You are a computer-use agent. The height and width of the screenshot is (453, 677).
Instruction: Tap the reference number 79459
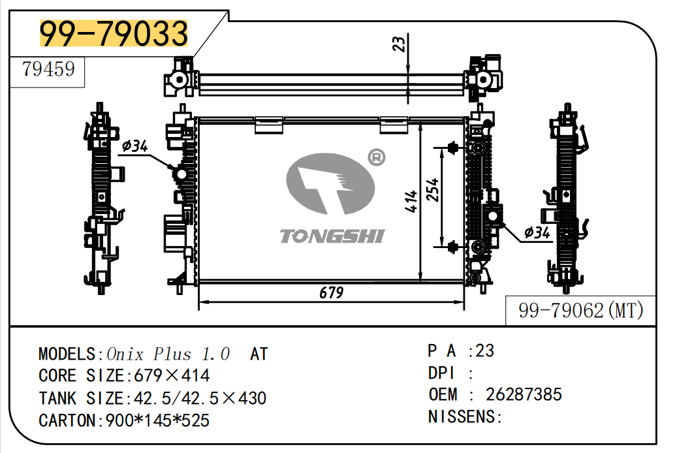click(48, 69)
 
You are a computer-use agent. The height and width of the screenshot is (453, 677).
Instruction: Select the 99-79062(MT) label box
click(580, 311)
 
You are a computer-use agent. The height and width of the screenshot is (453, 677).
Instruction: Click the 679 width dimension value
click(331, 293)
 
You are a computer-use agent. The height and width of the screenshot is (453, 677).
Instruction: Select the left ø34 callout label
click(134, 146)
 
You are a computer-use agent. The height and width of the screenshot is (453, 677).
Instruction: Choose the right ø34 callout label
click(537, 232)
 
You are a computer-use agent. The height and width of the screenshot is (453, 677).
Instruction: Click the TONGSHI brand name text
click(332, 236)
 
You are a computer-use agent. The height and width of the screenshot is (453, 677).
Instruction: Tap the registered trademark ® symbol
click(377, 157)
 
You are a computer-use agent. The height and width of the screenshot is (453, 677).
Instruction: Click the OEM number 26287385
click(524, 394)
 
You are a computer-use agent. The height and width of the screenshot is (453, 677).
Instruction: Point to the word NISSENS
click(462, 416)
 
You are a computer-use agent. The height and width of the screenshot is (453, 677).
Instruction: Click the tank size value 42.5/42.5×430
click(199, 398)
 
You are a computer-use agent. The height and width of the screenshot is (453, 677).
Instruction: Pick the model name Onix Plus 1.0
click(168, 354)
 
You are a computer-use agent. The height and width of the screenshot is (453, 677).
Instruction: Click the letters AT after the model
click(259, 354)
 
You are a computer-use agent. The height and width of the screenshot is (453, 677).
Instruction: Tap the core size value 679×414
click(172, 376)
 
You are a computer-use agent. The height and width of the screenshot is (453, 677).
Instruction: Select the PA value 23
click(484, 351)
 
